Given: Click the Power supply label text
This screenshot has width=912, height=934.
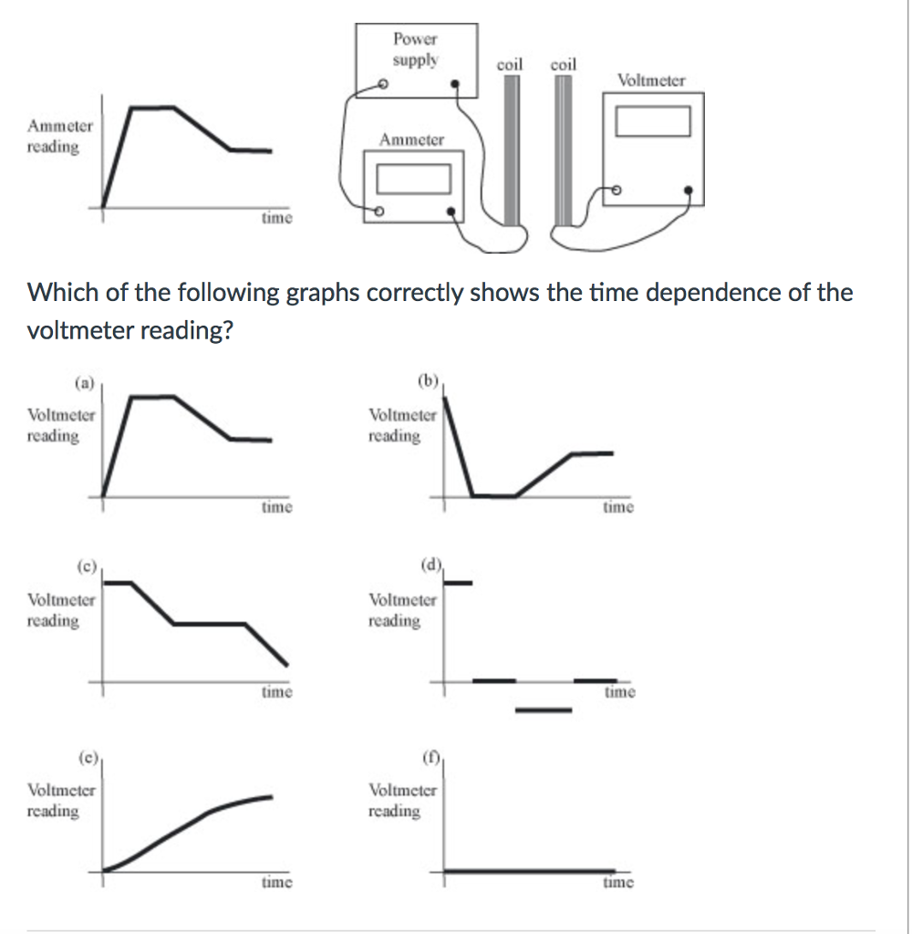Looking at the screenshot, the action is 415,49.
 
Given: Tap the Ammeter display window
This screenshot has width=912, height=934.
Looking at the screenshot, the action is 413,179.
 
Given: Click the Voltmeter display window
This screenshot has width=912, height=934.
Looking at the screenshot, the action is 653,121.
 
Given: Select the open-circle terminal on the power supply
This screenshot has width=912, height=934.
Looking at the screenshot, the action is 383,84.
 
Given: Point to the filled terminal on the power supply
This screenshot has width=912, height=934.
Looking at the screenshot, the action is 455,84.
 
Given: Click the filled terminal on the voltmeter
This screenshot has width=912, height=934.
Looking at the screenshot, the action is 688,190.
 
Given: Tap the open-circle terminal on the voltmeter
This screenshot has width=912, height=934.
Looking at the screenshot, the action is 617,190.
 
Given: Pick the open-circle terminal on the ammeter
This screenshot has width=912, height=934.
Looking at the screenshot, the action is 378,211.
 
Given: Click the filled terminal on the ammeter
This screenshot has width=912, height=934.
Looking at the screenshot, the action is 451,211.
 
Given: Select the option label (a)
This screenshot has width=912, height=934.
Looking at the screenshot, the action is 85,383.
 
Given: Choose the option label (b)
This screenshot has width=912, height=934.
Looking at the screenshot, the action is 428,380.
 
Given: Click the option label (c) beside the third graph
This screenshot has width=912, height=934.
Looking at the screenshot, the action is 87,566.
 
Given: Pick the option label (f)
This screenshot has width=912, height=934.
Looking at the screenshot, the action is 430,757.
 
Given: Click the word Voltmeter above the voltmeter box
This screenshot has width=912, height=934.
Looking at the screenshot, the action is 651,80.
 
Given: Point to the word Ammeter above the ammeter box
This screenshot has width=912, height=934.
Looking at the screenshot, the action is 411,140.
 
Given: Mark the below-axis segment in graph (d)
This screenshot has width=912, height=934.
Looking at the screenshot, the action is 544,710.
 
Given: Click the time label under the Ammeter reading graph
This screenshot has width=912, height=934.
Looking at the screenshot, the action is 277,217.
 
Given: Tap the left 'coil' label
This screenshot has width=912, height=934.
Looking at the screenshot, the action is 510,65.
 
